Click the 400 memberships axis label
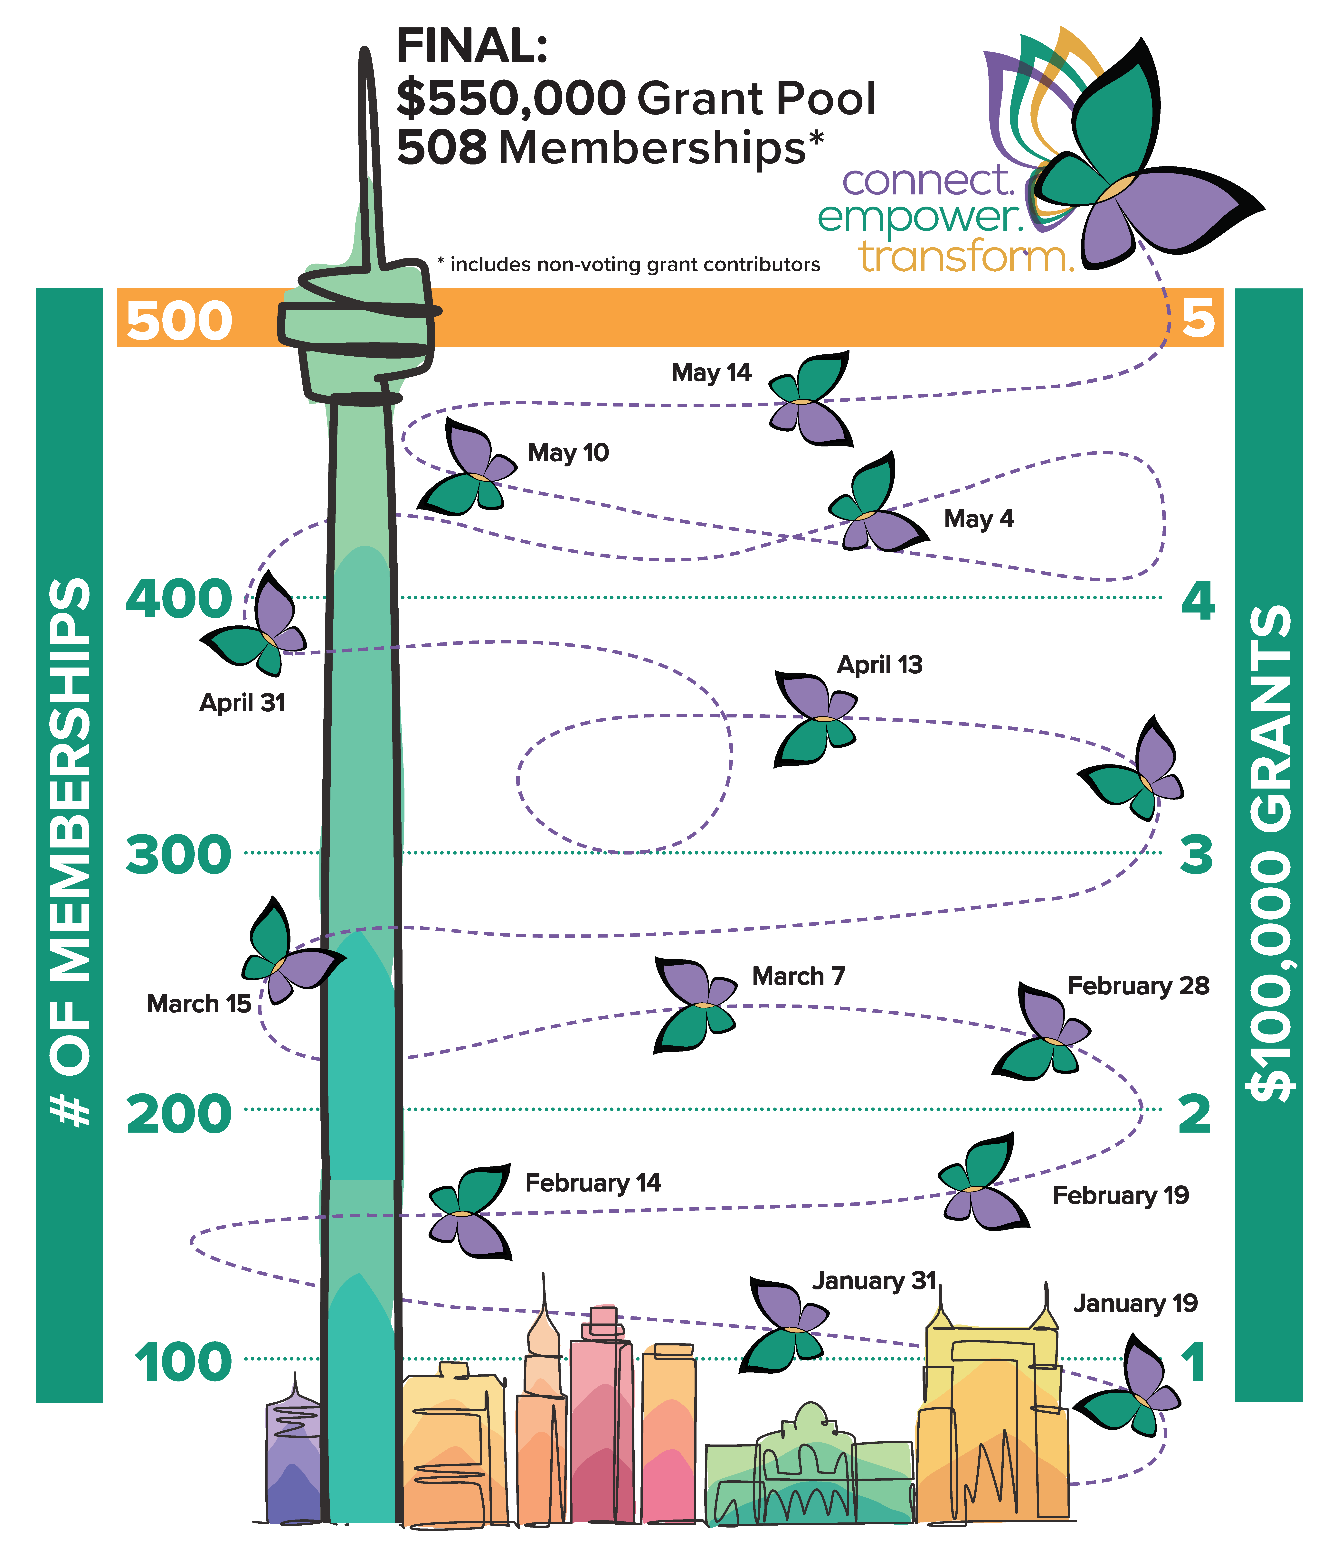pyautogui.click(x=179, y=599)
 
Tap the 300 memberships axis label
pyautogui.click(x=179, y=855)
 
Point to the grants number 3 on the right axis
pyautogui.click(x=1196, y=855)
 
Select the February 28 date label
pyautogui.click(x=1138, y=986)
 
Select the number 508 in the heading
pyautogui.click(x=441, y=147)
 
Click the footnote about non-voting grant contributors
pyautogui.click(x=629, y=265)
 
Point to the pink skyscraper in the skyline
pyautogui.click(x=602, y=1418)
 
